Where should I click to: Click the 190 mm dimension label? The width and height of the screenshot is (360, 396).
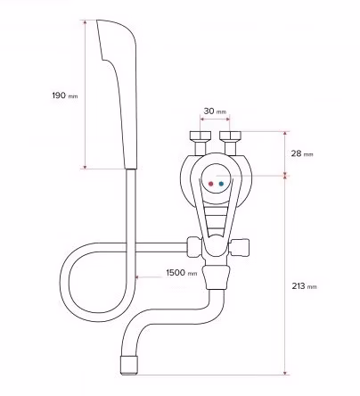pyautogui.click(x=65, y=95)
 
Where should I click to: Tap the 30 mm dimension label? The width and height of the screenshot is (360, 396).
pyautogui.click(x=215, y=111)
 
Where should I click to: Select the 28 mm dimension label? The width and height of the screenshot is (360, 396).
pyautogui.click(x=302, y=153)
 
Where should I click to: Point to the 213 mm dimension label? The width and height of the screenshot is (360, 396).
pyautogui.click(x=304, y=286)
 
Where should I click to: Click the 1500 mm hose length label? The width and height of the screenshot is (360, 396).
pyautogui.click(x=182, y=273)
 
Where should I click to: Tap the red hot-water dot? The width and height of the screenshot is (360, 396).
pyautogui.click(x=211, y=184)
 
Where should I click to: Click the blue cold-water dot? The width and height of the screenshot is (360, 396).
pyautogui.click(x=221, y=184)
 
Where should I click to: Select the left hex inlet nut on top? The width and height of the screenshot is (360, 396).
pyautogui.click(x=200, y=136)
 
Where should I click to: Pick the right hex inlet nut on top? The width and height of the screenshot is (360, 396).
pyautogui.click(x=230, y=136)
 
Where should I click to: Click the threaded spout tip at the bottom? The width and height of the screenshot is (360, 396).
pyautogui.click(x=129, y=365)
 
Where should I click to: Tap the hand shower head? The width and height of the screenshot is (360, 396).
pyautogui.click(x=118, y=95)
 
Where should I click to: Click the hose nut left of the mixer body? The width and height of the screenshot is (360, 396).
pyautogui.click(x=194, y=247)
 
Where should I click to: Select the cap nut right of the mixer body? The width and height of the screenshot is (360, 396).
pyautogui.click(x=240, y=247)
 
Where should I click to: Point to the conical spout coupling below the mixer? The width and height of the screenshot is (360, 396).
pyautogui.click(x=217, y=277)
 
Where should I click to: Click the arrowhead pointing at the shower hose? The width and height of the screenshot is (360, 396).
pyautogui.click(x=137, y=277)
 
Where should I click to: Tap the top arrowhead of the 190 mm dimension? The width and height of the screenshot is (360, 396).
pyautogui.click(x=86, y=22)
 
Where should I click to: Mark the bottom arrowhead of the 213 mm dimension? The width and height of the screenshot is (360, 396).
pyautogui.click(x=285, y=373)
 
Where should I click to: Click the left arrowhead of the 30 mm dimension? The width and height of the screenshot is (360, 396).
pyautogui.click(x=202, y=120)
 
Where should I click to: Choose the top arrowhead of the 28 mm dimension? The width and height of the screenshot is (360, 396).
pyautogui.click(x=285, y=133)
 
